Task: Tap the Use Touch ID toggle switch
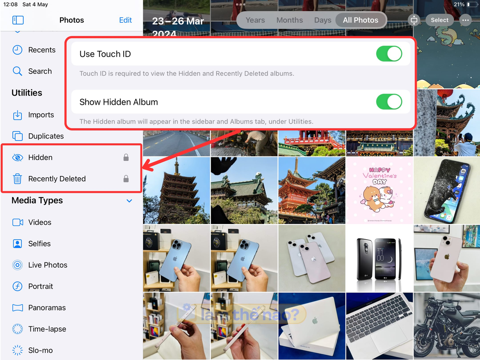(389, 54)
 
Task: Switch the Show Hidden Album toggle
(389, 102)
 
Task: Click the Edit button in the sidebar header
(126, 20)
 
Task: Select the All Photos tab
(360, 20)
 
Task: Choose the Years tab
(255, 20)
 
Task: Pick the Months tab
(290, 20)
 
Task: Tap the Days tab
(322, 20)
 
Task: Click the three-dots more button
(465, 20)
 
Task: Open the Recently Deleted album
(57, 179)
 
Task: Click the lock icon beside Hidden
(126, 158)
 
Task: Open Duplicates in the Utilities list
(46, 136)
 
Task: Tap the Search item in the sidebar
(40, 71)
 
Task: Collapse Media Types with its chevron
(129, 201)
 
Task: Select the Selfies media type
(39, 244)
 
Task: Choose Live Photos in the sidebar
(48, 265)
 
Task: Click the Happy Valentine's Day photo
(379, 190)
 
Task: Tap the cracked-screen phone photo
(447, 190)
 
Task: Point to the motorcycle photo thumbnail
(447, 326)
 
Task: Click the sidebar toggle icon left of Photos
(18, 20)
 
